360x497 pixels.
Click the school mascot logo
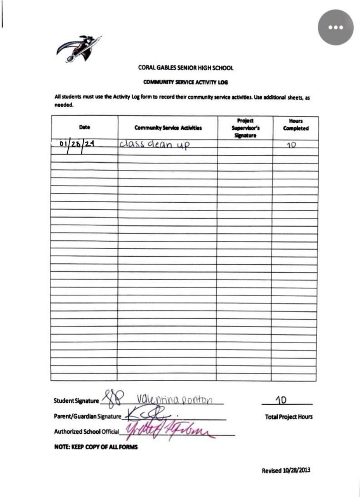pos(79,48)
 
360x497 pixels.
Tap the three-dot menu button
pos(336,27)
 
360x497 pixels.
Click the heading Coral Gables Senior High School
pos(186,68)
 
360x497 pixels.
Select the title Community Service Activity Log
pos(185,82)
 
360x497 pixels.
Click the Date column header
pos(84,127)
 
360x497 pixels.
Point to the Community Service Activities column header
pos(168,127)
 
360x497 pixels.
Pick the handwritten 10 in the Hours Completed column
pos(294,144)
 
